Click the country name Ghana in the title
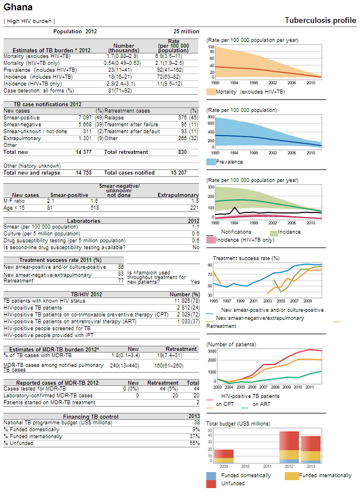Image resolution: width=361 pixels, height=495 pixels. (18, 7)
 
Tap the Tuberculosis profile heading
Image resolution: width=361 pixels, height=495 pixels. (320, 21)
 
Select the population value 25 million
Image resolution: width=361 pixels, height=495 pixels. (186, 32)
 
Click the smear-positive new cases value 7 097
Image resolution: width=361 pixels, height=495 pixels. (85, 118)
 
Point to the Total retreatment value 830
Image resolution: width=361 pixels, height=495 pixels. (182, 152)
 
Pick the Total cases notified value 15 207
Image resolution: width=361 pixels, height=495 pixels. (179, 173)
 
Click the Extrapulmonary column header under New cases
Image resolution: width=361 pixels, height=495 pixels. (178, 195)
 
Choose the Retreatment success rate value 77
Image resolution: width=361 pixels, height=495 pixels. (121, 281)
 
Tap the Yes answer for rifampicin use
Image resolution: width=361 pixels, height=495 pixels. (195, 282)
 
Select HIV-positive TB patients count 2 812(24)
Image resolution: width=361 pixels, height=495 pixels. (189, 308)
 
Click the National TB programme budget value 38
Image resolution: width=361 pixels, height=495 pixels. (197, 423)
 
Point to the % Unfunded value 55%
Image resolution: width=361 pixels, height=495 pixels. (196, 443)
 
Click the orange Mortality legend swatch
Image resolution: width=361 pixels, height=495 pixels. (211, 92)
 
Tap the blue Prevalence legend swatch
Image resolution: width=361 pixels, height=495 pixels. (211, 162)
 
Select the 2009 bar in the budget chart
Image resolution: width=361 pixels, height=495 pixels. (223, 456)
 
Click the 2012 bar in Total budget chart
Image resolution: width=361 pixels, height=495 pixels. (289, 447)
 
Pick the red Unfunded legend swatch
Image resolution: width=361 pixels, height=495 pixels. (211, 484)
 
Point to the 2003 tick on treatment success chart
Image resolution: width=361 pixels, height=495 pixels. (268, 301)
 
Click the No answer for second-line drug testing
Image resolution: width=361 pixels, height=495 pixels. (196, 248)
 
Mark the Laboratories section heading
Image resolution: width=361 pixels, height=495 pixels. (84, 221)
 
